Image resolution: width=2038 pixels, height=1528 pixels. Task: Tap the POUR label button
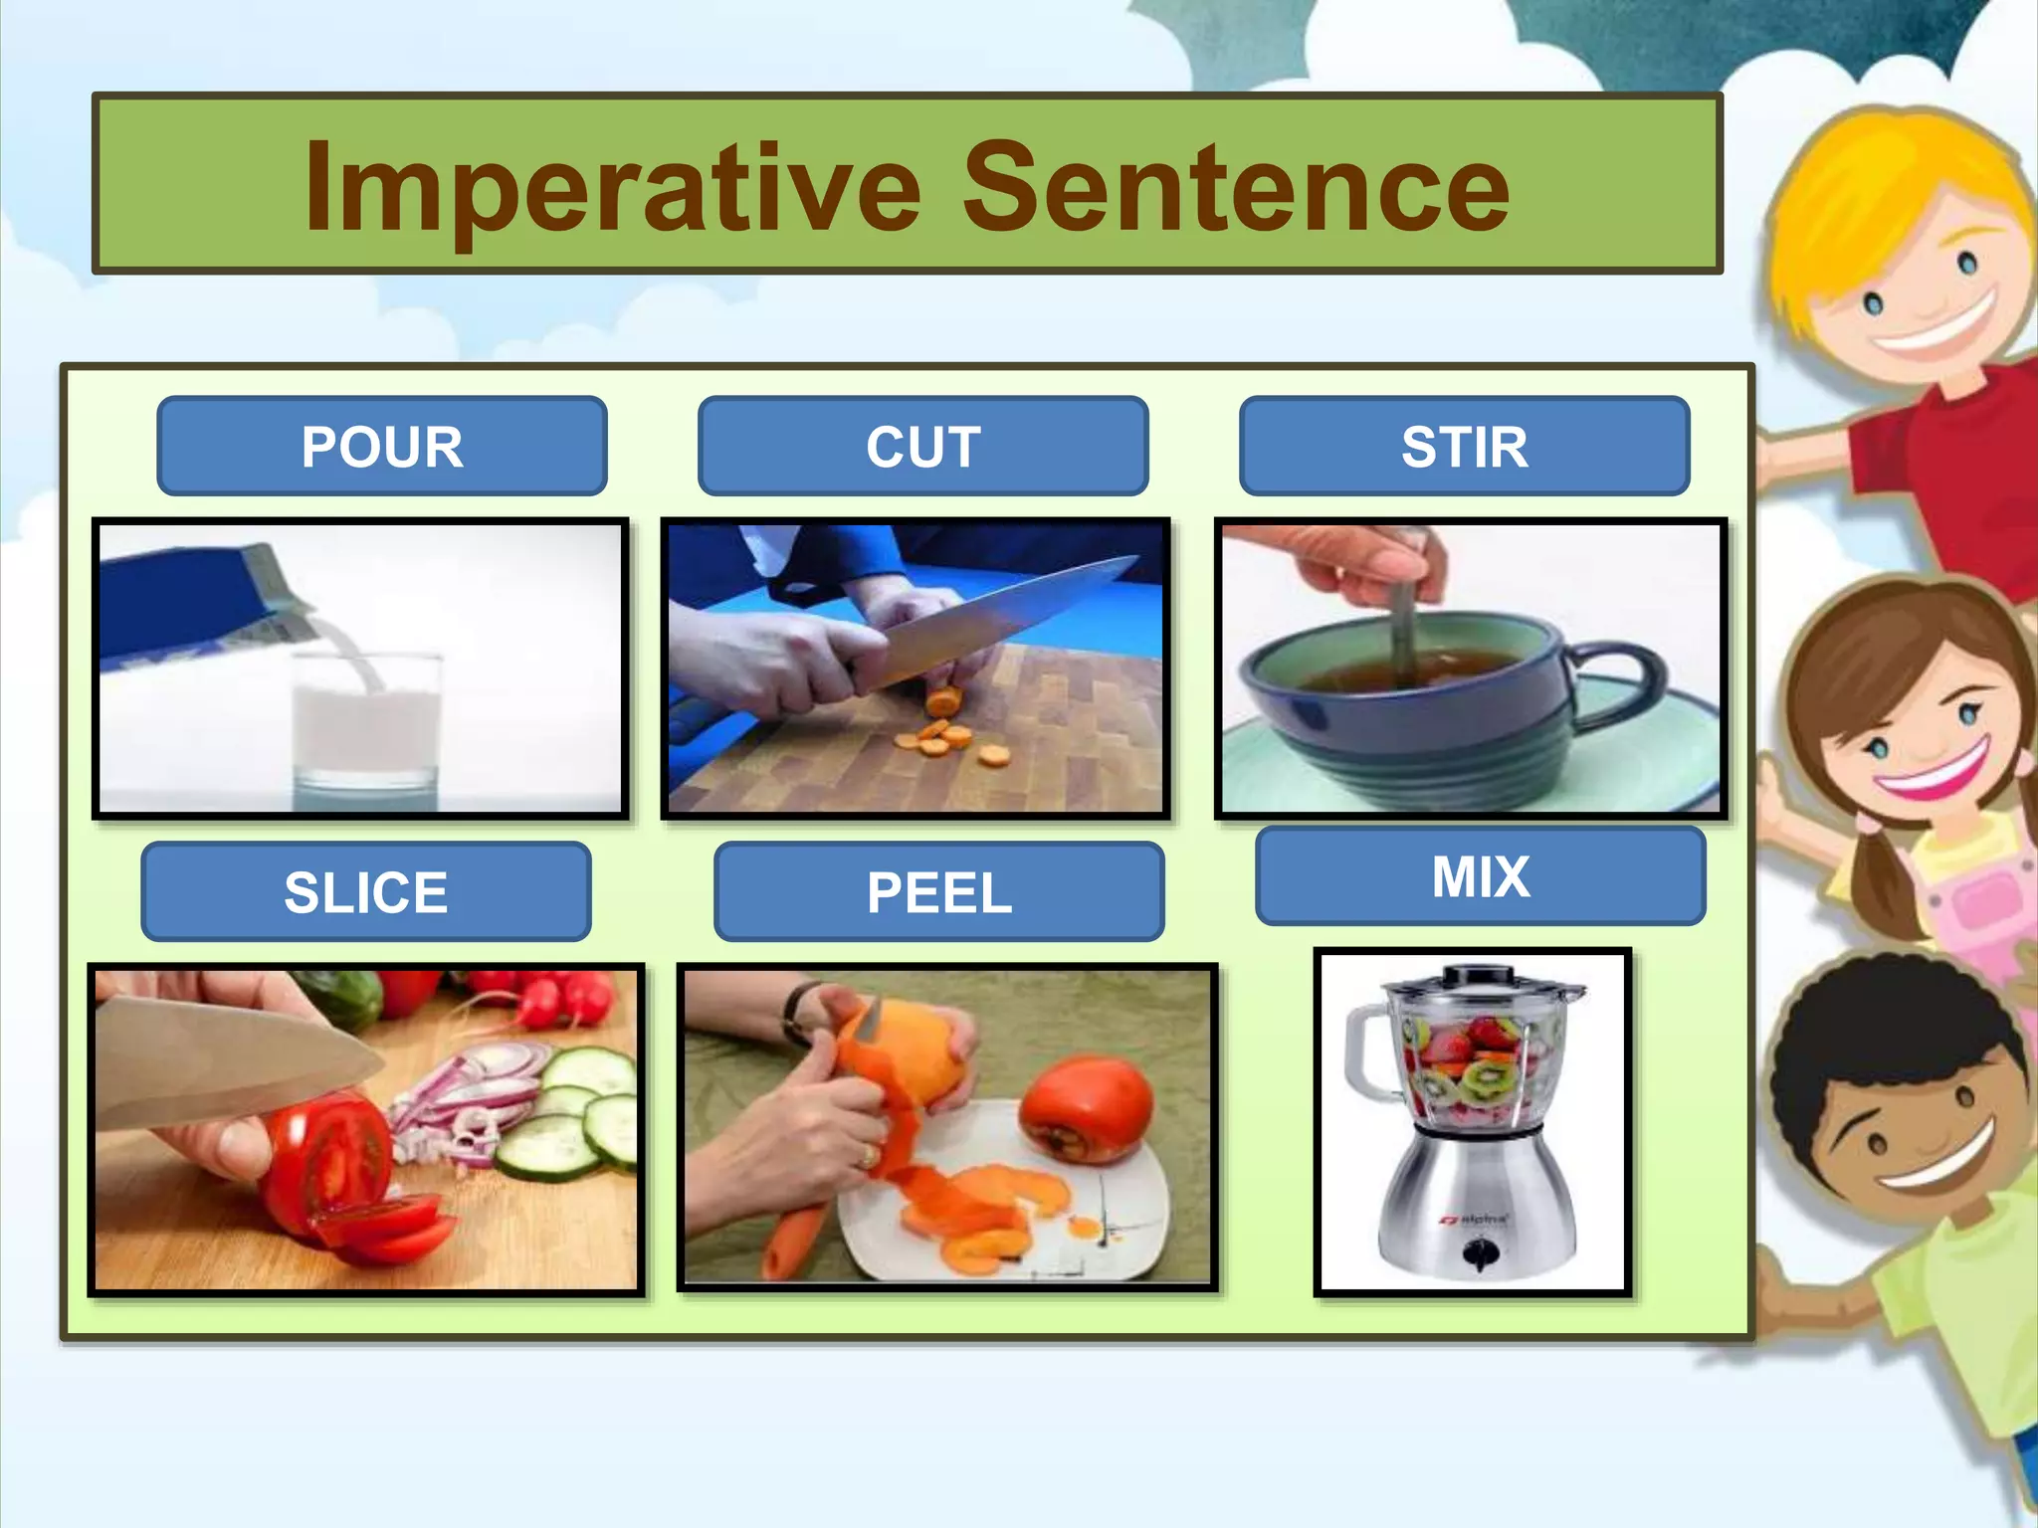click(x=382, y=447)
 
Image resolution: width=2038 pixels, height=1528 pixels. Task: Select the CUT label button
click(x=922, y=447)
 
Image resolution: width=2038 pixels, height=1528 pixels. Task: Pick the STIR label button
click(x=1464, y=447)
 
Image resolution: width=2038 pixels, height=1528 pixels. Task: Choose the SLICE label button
click(x=366, y=891)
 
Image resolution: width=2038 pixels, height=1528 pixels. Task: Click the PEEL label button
click(x=938, y=891)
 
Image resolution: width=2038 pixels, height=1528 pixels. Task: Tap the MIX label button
click(x=1480, y=876)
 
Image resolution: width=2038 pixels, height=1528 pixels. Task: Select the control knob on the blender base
click(x=1479, y=1252)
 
